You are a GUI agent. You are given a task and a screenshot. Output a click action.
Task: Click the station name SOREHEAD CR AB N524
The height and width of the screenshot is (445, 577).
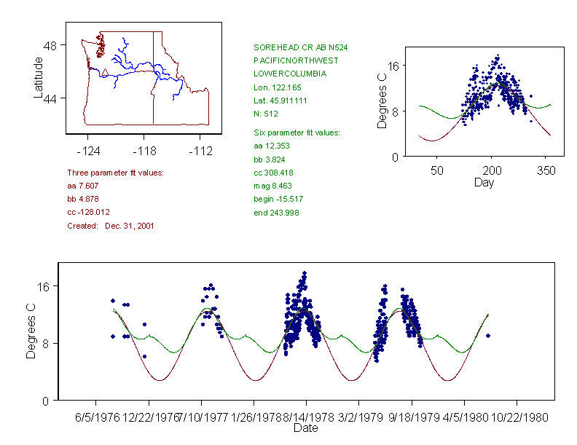tap(300, 47)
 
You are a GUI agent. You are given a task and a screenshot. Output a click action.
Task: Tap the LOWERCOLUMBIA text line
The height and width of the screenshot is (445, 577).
tap(290, 74)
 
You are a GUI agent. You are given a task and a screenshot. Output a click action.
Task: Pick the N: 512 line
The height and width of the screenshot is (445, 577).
tap(266, 114)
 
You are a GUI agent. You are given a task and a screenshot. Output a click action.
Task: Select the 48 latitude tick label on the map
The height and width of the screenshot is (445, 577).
tap(51, 45)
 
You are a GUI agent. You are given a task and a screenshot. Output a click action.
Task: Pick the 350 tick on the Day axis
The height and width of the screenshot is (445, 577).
tap(546, 170)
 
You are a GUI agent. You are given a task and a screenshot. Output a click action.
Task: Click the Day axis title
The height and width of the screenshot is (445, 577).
tap(484, 182)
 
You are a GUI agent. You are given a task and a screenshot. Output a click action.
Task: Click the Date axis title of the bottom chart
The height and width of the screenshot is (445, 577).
tap(305, 428)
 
